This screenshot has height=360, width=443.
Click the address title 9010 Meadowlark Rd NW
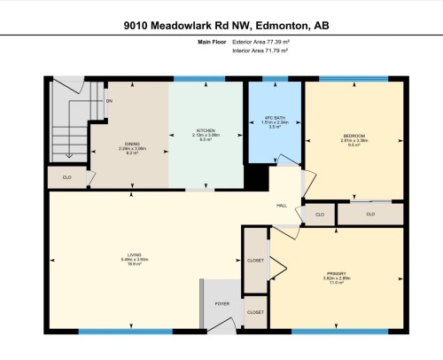(x=221, y=27)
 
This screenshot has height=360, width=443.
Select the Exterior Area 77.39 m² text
(x=260, y=42)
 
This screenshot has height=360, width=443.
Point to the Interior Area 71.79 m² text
(x=260, y=51)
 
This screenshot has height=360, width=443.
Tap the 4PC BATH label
(x=275, y=119)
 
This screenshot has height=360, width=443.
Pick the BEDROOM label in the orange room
(x=354, y=136)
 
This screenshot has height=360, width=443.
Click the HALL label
(x=282, y=206)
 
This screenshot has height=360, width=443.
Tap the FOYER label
(x=222, y=303)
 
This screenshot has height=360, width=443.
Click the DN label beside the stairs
(x=109, y=101)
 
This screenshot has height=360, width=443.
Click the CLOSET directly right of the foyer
(x=255, y=313)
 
